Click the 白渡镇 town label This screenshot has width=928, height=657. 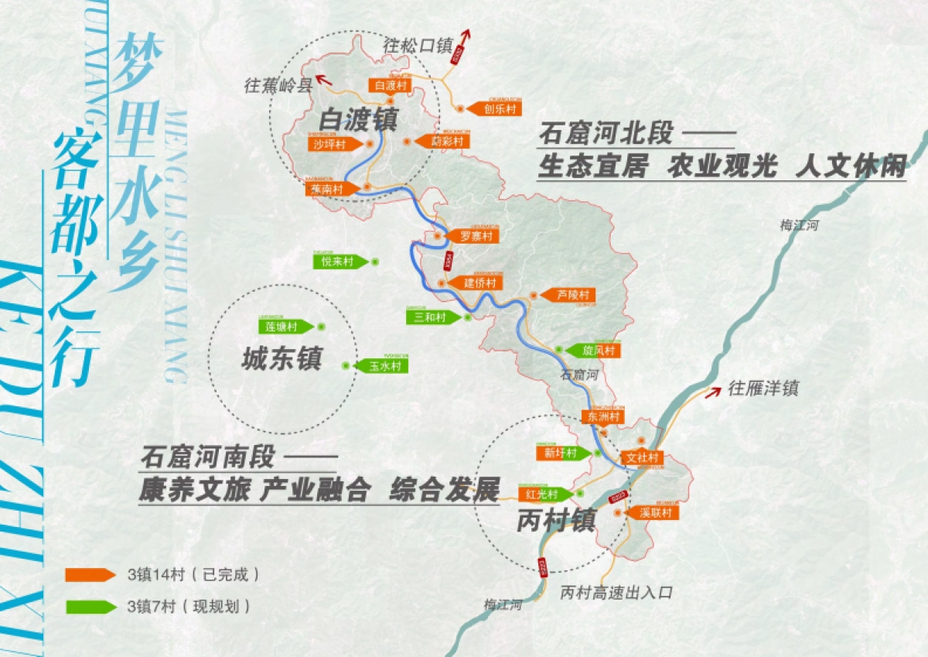[358, 120]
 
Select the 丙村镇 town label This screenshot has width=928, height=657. [556, 521]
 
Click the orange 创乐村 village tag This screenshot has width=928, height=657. [496, 109]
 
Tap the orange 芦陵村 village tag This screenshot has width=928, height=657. [571, 295]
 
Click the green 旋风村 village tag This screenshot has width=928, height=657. [595, 351]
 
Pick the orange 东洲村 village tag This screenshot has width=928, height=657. [602, 416]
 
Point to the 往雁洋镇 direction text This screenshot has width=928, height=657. [763, 388]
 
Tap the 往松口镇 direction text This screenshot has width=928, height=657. [417, 46]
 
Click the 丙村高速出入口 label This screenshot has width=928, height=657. [616, 593]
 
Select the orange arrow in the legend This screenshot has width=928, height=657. [90, 574]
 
